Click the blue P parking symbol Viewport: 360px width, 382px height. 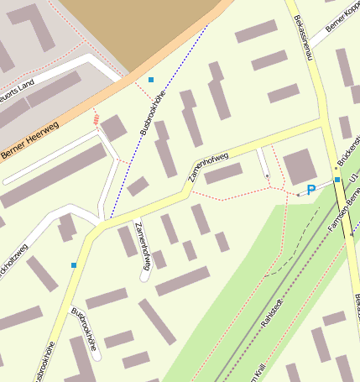(x=311, y=190)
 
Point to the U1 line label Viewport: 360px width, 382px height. (x=354, y=181)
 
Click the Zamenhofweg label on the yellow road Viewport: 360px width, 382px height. (x=211, y=160)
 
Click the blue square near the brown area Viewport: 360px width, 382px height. (x=151, y=80)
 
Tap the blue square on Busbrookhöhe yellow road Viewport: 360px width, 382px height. (x=74, y=265)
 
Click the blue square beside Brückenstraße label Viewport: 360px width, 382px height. (x=337, y=180)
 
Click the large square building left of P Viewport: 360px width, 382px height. (x=300, y=167)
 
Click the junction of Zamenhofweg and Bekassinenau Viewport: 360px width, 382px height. (x=322, y=123)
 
